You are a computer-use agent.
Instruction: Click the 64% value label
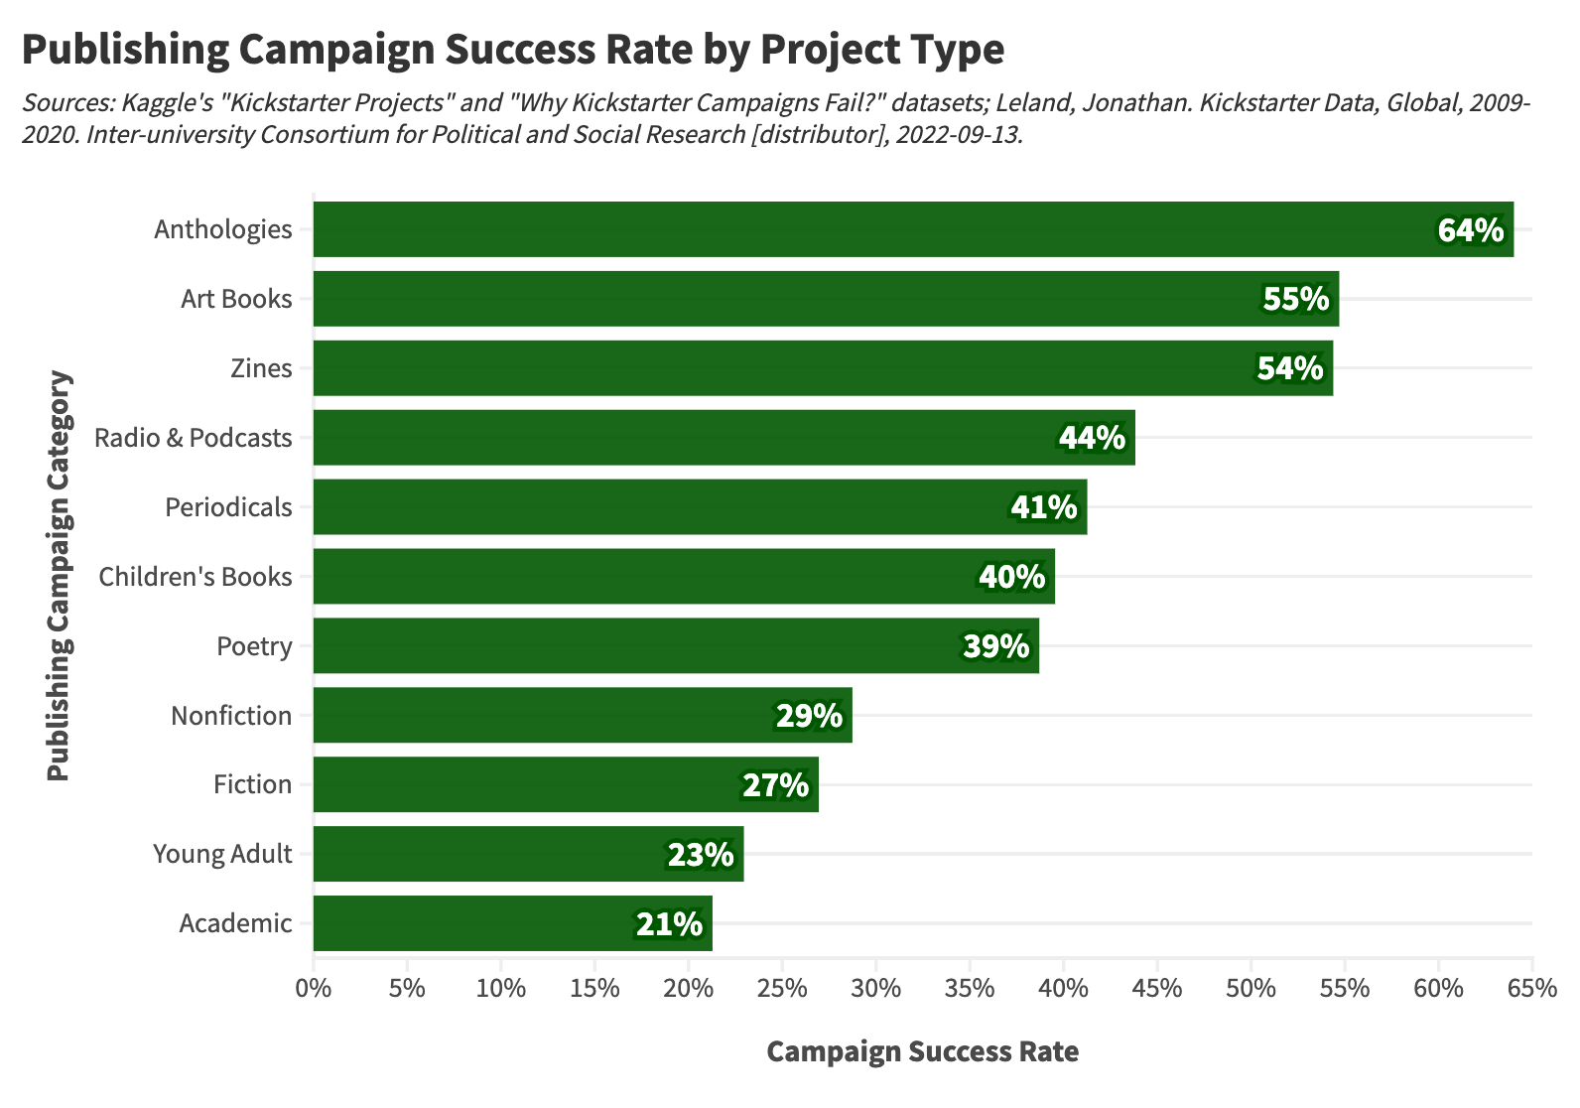pyautogui.click(x=1471, y=230)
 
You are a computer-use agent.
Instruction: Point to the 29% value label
pyautogui.click(x=809, y=716)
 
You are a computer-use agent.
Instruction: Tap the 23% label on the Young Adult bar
pyautogui.click(x=701, y=855)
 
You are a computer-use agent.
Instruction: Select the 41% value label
pyautogui.click(x=1044, y=507)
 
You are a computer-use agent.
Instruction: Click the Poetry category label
pyautogui.click(x=254, y=646)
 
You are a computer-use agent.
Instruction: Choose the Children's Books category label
pyautogui.click(x=196, y=577)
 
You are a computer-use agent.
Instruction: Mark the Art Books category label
pyautogui.click(x=236, y=299)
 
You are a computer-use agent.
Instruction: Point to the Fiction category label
pyautogui.click(x=252, y=784)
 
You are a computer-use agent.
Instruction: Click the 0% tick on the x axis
pyautogui.click(x=314, y=989)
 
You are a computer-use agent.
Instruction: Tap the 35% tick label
pyautogui.click(x=970, y=989)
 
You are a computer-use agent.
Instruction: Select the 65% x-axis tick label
pyautogui.click(x=1532, y=989)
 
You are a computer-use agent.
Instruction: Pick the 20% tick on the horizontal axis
pyautogui.click(x=689, y=989)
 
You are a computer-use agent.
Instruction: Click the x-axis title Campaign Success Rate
pyautogui.click(x=922, y=1051)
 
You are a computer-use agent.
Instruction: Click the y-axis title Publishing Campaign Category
pyautogui.click(x=60, y=576)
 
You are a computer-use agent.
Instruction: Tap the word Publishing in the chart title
pyautogui.click(x=124, y=50)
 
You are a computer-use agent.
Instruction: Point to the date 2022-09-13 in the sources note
pyautogui.click(x=958, y=134)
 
